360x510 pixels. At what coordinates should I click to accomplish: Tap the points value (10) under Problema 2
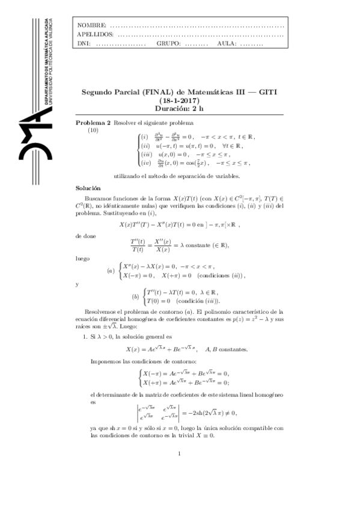[x=93, y=130]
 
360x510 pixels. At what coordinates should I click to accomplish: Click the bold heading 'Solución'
[x=88, y=188]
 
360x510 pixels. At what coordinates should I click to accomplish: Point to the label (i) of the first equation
[x=144, y=137]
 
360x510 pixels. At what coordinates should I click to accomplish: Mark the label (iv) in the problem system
[x=145, y=162]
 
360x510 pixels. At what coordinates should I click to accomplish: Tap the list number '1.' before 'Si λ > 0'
[x=85, y=337]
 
